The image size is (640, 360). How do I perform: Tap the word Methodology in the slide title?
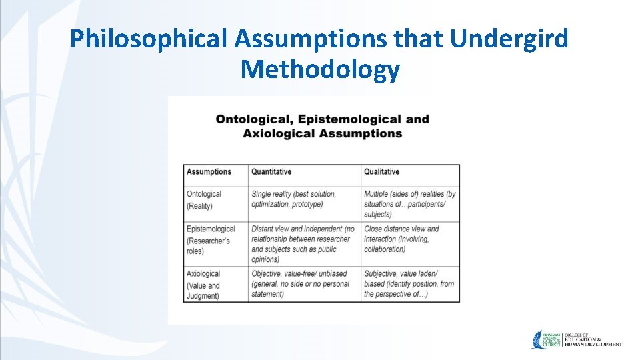click(320, 69)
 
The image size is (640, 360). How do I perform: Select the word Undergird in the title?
click(509, 39)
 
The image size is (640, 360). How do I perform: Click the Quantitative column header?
click(271, 172)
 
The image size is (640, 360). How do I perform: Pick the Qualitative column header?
click(381, 172)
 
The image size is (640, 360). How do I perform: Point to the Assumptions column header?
click(209, 172)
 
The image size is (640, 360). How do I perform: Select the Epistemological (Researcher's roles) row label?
click(211, 240)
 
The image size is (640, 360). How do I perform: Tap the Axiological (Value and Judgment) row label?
click(203, 285)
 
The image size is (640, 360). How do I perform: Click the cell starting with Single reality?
click(293, 199)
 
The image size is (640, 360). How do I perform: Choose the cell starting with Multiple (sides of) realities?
click(409, 204)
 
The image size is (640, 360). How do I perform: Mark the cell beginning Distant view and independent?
click(303, 244)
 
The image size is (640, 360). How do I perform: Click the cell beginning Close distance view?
click(401, 239)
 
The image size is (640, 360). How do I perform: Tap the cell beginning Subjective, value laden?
click(408, 284)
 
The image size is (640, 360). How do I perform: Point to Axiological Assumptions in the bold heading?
click(322, 133)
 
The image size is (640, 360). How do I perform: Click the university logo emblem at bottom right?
click(541, 339)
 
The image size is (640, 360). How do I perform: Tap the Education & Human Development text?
click(593, 339)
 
